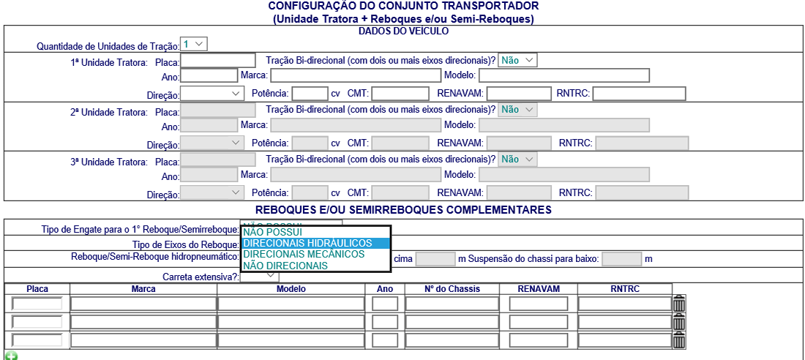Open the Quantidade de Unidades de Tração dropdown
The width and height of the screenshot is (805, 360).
tap(194, 45)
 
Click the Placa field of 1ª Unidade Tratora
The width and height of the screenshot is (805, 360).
tap(217, 61)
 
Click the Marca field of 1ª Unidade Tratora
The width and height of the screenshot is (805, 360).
tap(355, 75)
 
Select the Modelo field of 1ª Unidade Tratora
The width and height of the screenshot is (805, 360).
tap(564, 75)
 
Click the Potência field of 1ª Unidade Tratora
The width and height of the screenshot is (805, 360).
tap(309, 94)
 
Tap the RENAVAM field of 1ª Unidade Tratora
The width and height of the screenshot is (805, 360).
tap(519, 94)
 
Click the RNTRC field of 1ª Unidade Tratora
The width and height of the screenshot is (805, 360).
tap(639, 94)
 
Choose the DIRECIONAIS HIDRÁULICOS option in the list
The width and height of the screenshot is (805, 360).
tap(307, 243)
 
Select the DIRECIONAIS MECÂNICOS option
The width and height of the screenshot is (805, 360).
tap(304, 254)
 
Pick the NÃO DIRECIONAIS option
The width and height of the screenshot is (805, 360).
tap(285, 266)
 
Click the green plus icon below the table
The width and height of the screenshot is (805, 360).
tap(10, 356)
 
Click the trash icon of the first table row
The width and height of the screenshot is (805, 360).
tap(679, 303)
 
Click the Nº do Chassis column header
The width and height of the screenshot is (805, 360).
tap(452, 289)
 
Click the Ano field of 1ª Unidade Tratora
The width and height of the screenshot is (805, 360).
tap(209, 75)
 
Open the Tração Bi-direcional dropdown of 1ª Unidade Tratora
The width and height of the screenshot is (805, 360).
tap(517, 61)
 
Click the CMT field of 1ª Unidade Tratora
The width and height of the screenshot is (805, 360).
tap(400, 94)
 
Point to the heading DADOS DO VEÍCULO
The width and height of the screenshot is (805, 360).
tap(403, 31)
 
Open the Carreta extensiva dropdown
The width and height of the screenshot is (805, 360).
tap(260, 276)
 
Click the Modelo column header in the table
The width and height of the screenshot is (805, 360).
tap(291, 289)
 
